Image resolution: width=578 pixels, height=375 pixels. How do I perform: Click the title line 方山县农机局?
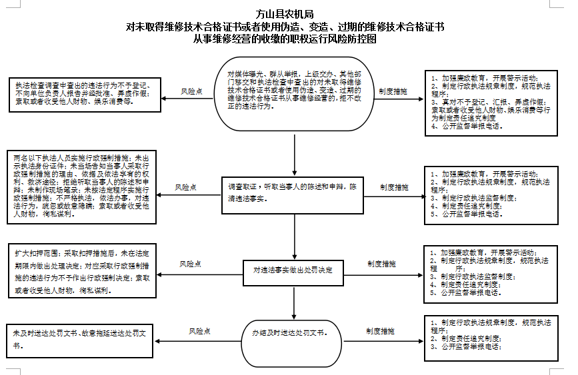pyautogui.click(x=288, y=13)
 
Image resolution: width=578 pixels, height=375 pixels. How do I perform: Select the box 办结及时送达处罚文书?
pyautogui.click(x=293, y=332)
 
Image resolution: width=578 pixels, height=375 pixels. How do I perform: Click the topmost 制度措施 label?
pyautogui.click(x=393, y=91)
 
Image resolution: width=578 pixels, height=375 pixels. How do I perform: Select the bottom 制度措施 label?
pyautogui.click(x=380, y=330)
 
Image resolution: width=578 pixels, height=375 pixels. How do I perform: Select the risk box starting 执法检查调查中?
pyautogui.click(x=82, y=96)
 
